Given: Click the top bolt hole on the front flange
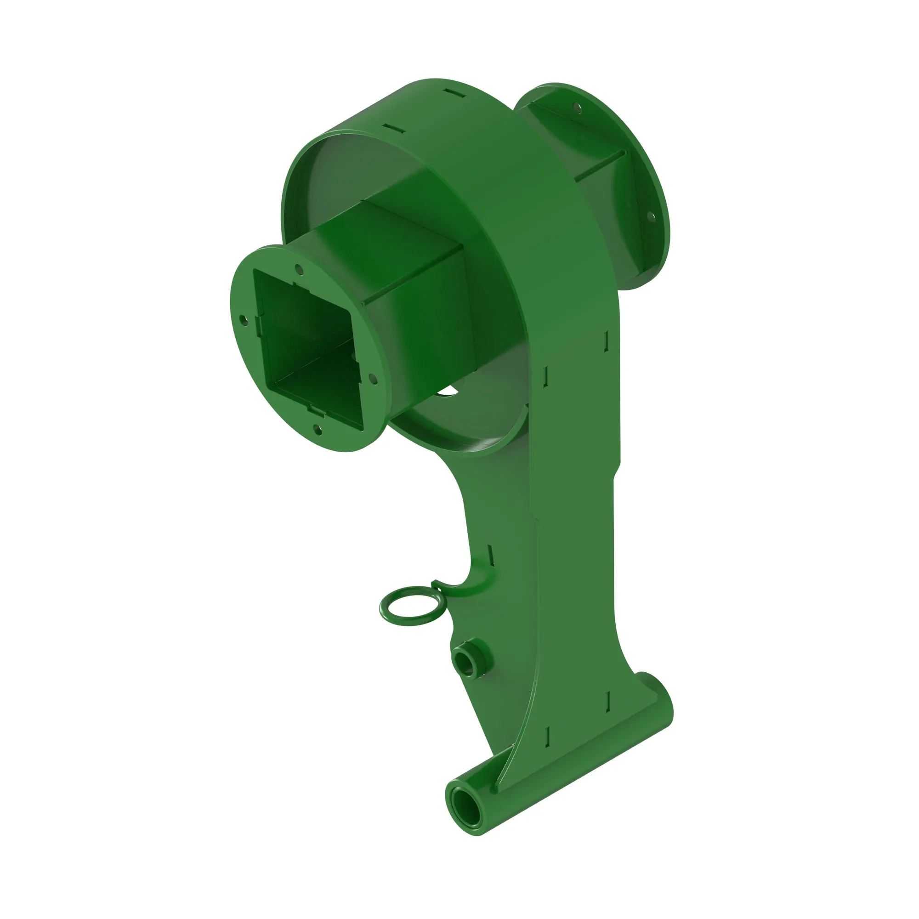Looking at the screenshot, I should pos(299,269).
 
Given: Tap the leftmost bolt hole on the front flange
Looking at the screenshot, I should pos(244,320).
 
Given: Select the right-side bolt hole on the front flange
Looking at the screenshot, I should pos(373,378).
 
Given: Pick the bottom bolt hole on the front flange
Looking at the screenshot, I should pos(318,431).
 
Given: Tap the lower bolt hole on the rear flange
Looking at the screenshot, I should pos(650,217).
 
